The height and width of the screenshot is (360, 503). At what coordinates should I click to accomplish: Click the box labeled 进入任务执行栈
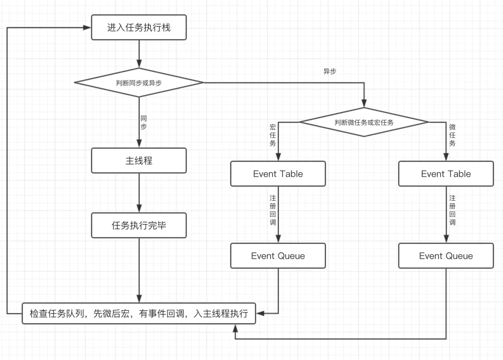tap(139, 28)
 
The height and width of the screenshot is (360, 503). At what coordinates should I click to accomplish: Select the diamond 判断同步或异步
tap(139, 83)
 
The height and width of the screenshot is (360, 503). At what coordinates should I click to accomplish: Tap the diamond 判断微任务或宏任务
tap(364, 122)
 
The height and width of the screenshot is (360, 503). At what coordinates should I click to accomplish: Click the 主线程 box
tap(139, 160)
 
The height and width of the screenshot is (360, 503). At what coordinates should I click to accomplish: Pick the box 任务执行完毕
tap(139, 226)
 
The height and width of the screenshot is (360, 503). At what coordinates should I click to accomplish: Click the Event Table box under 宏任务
tap(278, 174)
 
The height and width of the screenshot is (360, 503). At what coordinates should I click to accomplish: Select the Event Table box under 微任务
tap(446, 174)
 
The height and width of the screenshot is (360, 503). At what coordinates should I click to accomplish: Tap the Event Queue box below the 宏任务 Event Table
tap(278, 256)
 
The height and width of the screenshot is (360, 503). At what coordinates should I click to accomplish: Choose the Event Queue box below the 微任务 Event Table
tap(446, 256)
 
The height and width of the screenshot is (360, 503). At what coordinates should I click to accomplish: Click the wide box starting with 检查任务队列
tap(139, 314)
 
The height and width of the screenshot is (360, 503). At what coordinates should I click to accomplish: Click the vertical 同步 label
tap(144, 122)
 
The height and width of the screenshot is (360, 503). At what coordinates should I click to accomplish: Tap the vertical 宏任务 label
tap(272, 135)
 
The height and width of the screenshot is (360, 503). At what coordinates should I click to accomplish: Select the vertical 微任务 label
tap(452, 135)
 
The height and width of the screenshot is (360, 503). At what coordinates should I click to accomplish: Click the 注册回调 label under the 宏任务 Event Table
tap(273, 210)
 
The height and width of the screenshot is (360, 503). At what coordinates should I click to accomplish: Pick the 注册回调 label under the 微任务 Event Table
tap(452, 210)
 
